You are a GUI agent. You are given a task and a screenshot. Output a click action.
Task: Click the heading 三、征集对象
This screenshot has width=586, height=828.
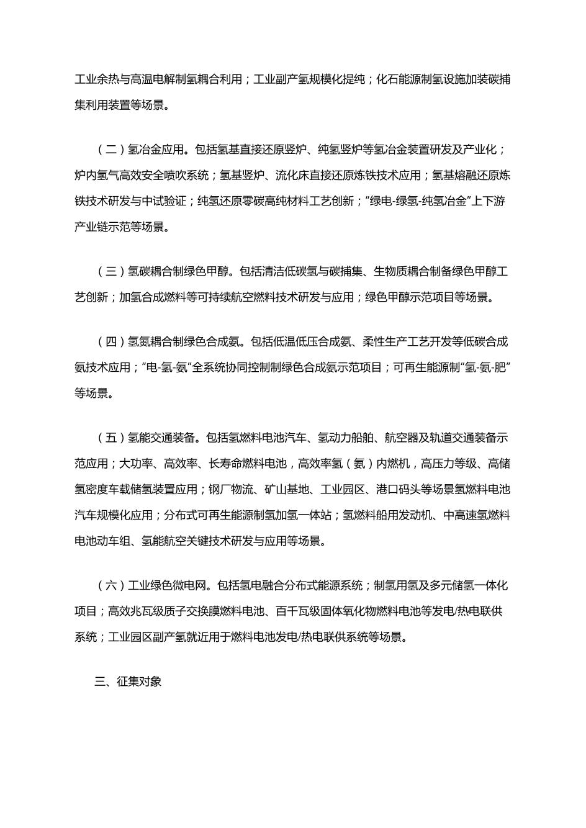[x=128, y=682]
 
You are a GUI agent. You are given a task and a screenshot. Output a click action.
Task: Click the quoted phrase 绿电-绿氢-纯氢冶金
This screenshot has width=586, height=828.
[x=417, y=201]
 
